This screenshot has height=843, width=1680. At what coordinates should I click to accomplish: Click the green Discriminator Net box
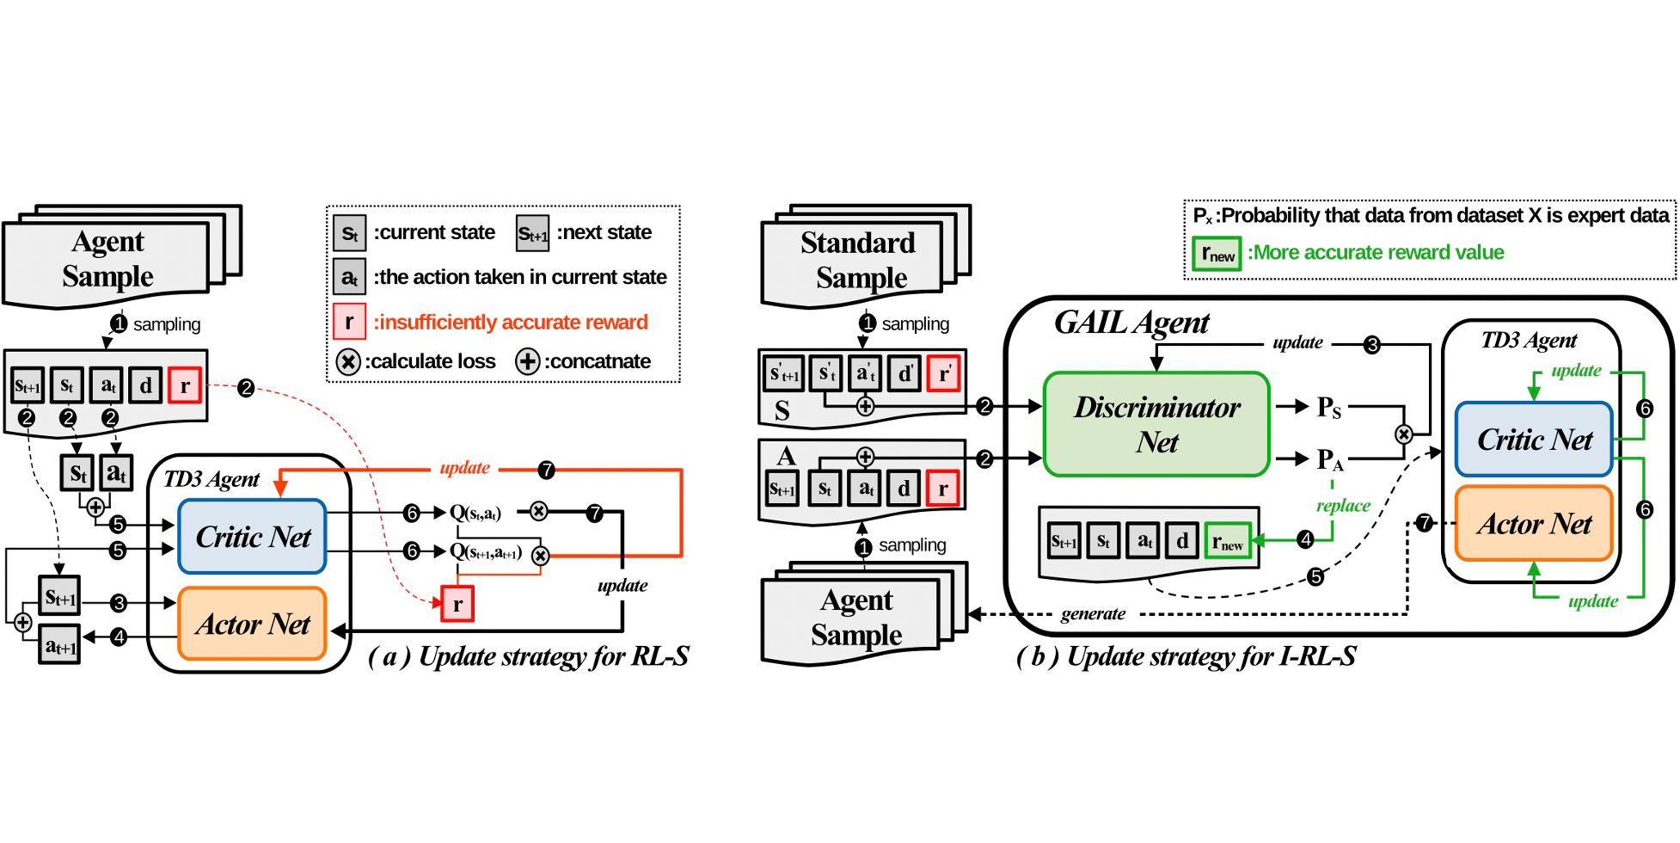[x=1156, y=424]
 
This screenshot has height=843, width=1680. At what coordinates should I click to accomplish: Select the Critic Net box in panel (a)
[x=252, y=537]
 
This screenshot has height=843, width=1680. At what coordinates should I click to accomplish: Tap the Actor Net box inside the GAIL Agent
[x=1534, y=524]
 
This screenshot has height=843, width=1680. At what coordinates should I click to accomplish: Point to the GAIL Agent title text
[x=1131, y=323]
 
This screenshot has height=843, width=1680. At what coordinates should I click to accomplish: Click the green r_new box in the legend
[x=1217, y=254]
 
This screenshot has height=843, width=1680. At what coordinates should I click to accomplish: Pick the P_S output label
[x=1328, y=407]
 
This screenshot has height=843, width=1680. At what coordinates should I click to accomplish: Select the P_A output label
[x=1329, y=460]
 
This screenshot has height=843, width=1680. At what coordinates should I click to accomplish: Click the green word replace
[x=1343, y=506]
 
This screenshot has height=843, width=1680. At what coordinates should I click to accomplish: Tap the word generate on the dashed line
[x=1093, y=613]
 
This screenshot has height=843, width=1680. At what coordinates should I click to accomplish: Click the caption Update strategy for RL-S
[x=529, y=656]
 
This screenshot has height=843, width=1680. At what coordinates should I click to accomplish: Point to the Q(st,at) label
[x=475, y=513]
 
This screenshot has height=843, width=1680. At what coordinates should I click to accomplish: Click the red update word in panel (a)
[x=464, y=468]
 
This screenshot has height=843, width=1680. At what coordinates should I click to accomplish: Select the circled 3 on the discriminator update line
[x=1372, y=345]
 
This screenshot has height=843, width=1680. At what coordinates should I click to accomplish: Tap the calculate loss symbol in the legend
[x=347, y=361]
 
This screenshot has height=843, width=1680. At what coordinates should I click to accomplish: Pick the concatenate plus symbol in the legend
[x=527, y=361]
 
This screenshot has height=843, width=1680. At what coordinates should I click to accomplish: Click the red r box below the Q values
[x=457, y=605]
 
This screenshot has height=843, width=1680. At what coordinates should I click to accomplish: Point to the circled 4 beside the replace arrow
[x=1305, y=539]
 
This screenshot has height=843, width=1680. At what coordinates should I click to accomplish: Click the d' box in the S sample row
[x=904, y=374]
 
